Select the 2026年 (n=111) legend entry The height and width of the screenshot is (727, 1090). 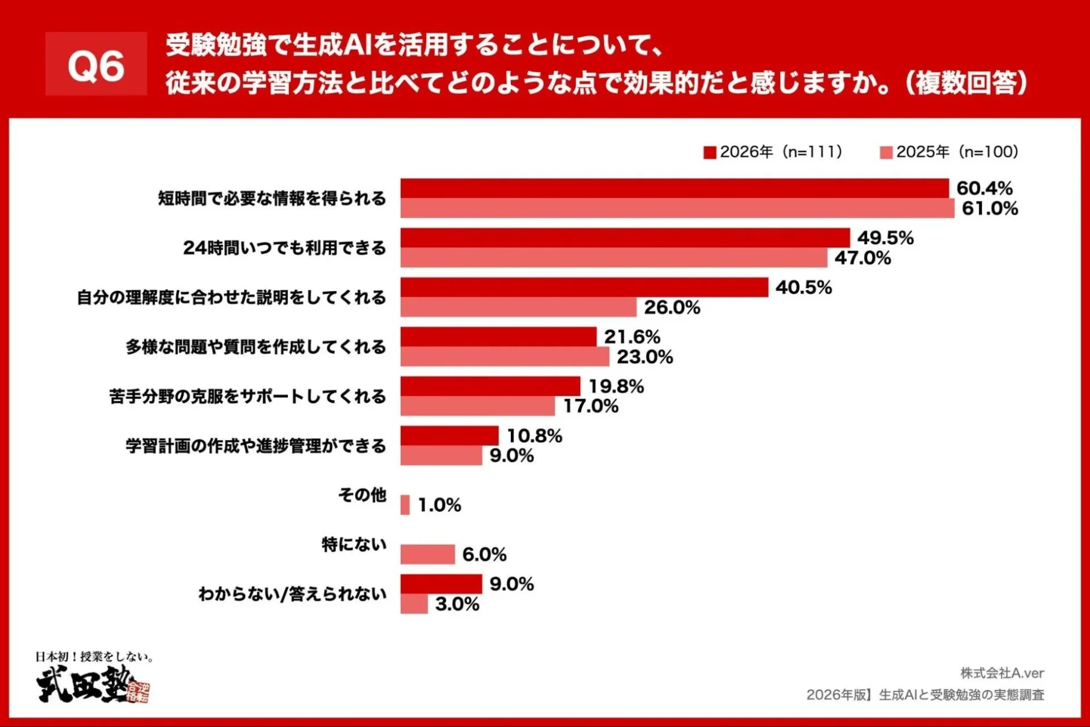coord(773,152)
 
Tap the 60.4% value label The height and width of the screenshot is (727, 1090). coord(984,188)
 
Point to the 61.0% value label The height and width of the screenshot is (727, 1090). coord(990,208)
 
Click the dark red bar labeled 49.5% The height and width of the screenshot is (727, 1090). coord(624,238)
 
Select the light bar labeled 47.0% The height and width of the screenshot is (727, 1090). coord(613,258)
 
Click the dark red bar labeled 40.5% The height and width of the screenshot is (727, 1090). coord(584,287)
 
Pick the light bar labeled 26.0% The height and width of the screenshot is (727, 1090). coord(518,307)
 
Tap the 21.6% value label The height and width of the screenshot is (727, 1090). coord(632,337)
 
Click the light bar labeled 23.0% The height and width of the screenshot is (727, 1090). coord(504,357)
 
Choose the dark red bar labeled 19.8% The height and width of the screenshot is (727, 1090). coord(490,386)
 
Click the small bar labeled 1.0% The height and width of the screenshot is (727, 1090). coord(405,505)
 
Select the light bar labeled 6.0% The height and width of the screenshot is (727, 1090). coord(427,554)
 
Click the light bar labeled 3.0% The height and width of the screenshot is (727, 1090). coord(414,604)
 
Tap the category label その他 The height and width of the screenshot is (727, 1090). coord(362,495)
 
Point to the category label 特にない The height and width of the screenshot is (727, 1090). coord(354,545)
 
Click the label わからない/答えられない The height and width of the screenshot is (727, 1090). coord(292,594)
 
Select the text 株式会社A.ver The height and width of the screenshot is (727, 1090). coord(1002,673)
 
